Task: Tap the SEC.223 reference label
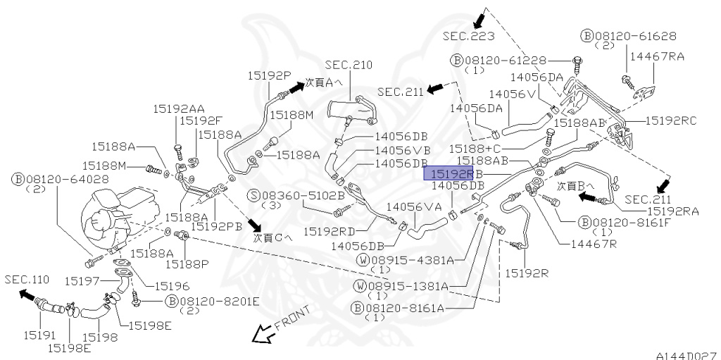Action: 468,35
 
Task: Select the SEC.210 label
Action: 349,65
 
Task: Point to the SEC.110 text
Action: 27,279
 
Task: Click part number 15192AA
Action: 180,108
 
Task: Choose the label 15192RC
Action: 670,120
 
